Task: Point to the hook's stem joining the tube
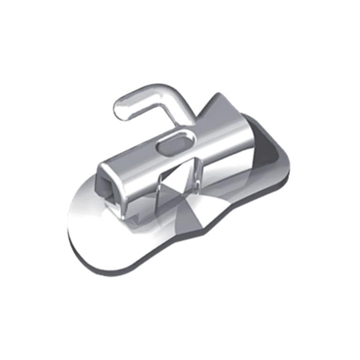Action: [x=186, y=120]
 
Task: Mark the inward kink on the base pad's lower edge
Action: [x=206, y=232]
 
